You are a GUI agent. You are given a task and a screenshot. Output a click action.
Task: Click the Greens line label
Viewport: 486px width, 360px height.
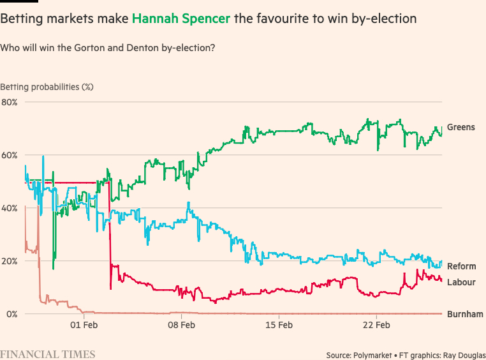coord(460,127)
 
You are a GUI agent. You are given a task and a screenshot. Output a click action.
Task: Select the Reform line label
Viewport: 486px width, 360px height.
coord(461,266)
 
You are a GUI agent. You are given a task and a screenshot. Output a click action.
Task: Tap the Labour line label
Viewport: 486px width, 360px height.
coord(461,282)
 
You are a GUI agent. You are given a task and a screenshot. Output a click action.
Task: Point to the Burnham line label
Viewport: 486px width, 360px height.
coord(465,314)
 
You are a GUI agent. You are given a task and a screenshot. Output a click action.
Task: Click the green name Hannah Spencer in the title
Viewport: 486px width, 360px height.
coord(181,19)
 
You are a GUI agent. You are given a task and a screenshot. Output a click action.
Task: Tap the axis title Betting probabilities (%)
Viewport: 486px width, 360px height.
coord(47,86)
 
